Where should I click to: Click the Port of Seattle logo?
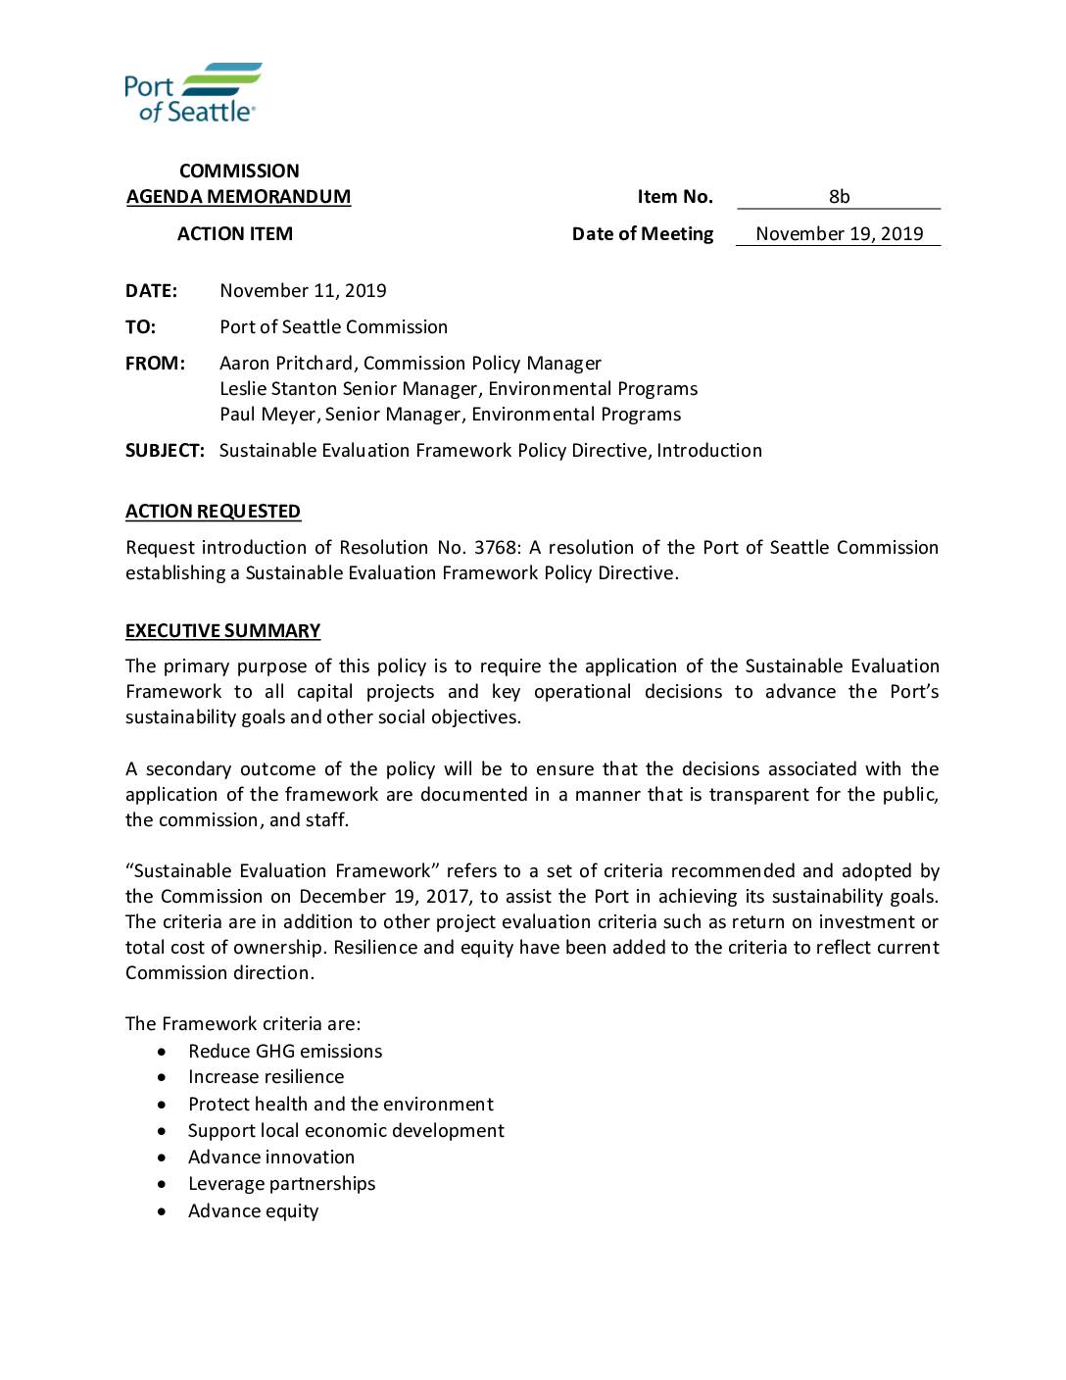coord(193,93)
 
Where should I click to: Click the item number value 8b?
coord(839,196)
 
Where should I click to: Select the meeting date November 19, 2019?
coord(839,233)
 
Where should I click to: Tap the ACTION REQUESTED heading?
coord(213,511)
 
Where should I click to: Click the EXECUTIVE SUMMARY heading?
coord(222,630)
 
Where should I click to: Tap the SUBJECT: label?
coord(165,450)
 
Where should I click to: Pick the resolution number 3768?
coord(496,547)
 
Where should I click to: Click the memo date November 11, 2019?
coord(303,290)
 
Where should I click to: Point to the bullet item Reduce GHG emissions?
coord(285,1051)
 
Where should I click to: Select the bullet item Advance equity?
coord(253,1210)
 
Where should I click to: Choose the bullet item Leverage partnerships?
coord(281,1183)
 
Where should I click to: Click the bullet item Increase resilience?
coord(266,1076)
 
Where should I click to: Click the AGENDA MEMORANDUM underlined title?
coord(238,196)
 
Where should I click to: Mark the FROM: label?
coord(155,363)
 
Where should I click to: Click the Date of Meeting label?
coord(642,233)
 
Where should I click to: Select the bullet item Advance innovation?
coord(271,1157)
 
